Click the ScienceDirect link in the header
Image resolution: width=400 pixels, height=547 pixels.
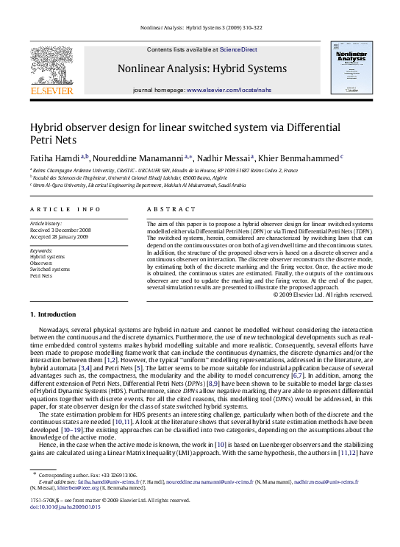[x=238, y=49]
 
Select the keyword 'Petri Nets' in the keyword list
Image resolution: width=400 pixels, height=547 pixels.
[x=41, y=275]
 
